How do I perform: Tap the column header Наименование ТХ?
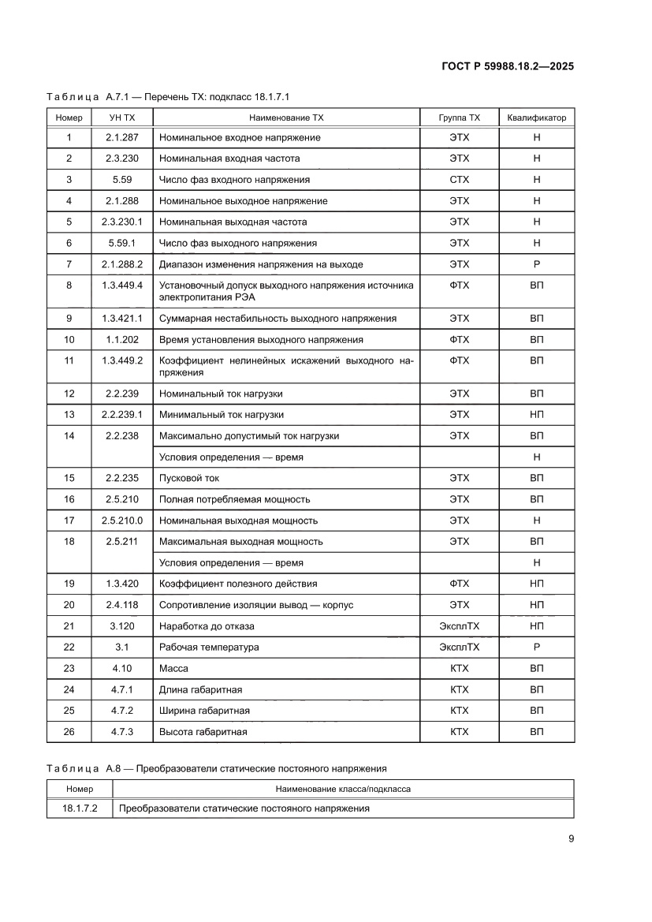click(286, 118)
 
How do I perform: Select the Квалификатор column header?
click(536, 118)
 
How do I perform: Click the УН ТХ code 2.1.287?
click(122, 138)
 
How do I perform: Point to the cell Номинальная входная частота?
click(229, 159)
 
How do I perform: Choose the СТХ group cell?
click(459, 180)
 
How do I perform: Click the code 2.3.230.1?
click(122, 222)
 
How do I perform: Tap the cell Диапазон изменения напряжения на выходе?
click(261, 264)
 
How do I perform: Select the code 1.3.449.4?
click(122, 286)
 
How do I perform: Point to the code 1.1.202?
click(122, 340)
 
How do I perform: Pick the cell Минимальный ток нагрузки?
click(222, 415)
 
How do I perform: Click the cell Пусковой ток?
click(189, 479)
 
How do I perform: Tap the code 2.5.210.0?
click(122, 521)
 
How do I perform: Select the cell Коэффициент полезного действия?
click(238, 584)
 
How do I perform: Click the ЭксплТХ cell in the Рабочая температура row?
click(459, 648)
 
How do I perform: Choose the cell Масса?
click(173, 669)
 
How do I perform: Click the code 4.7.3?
click(122, 732)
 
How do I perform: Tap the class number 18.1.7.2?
click(79, 808)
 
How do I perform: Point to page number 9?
click(571, 839)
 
